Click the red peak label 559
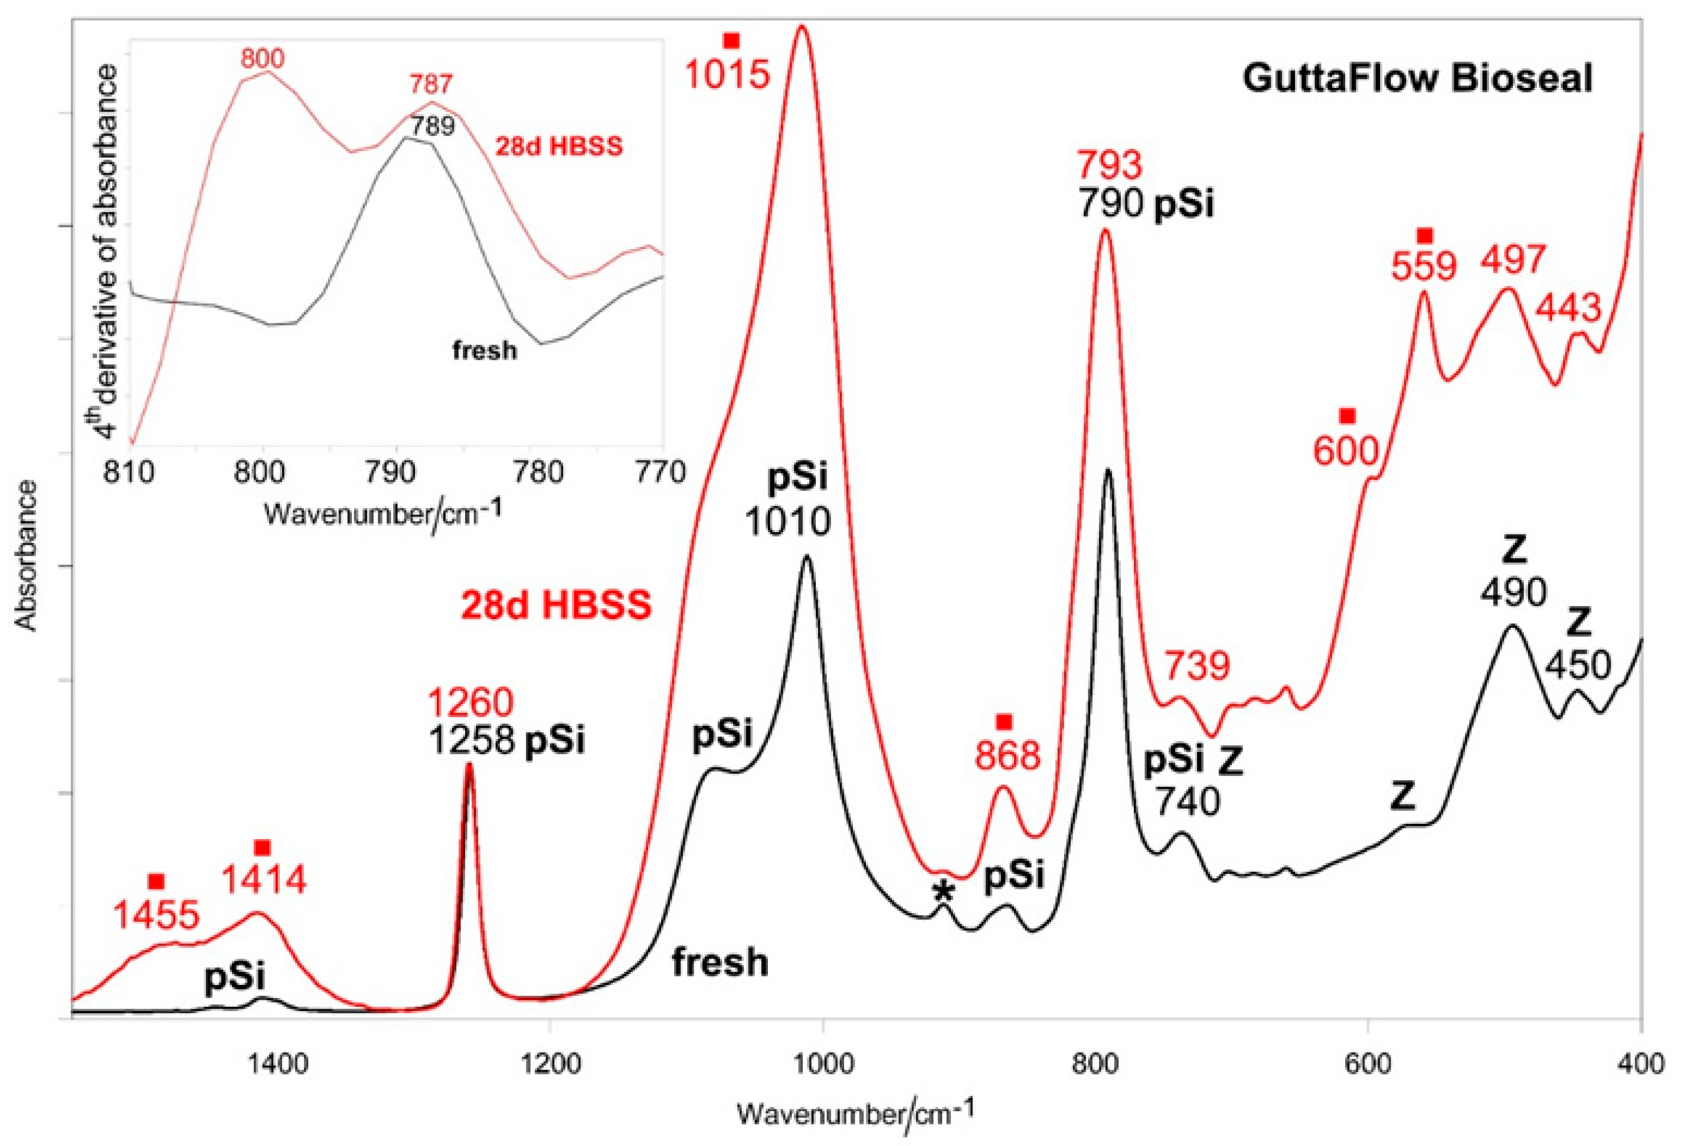1424,266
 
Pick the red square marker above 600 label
1347,416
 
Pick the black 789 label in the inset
433,126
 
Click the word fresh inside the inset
485,351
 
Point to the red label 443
1569,309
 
